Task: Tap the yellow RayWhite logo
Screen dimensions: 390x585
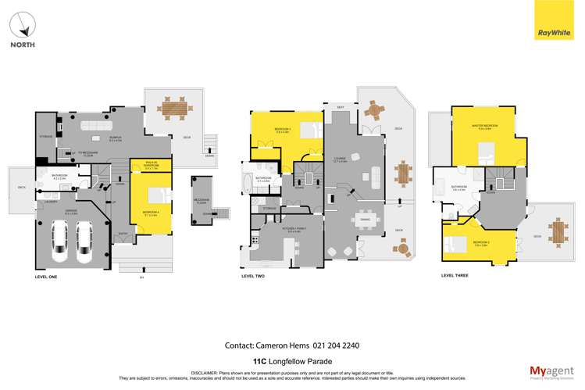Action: pyautogui.click(x=555, y=20)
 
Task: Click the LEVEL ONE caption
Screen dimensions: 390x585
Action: pyautogui.click(x=48, y=277)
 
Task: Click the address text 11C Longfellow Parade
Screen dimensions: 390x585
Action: pyautogui.click(x=292, y=361)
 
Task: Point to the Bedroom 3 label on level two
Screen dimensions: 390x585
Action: pyautogui.click(x=283, y=130)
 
